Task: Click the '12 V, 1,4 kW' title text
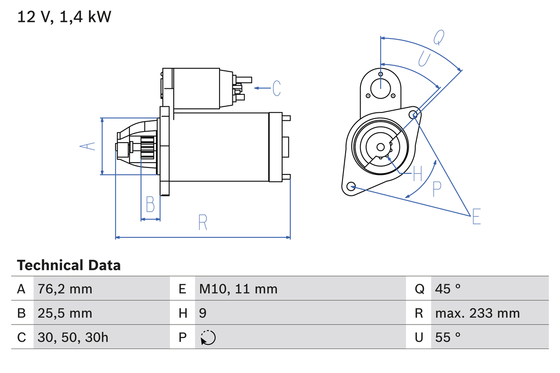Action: tap(64, 17)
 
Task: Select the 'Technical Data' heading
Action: tap(69, 265)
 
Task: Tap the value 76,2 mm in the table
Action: tap(65, 289)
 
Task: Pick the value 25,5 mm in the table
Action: tap(65, 313)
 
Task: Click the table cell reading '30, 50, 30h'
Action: tap(73, 337)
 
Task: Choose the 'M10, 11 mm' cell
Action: tap(238, 289)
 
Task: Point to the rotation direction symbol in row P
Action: tap(208, 338)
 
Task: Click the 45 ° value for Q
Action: tap(448, 289)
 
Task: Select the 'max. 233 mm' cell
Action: tap(477, 313)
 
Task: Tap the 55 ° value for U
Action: tap(448, 337)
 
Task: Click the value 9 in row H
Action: tap(203, 313)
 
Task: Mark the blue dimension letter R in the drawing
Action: tap(202, 223)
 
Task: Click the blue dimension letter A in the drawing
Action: tap(88, 146)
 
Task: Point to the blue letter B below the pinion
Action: tap(150, 204)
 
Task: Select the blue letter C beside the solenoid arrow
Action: tap(276, 88)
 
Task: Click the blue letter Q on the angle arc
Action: tap(439, 38)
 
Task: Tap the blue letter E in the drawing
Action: tap(476, 217)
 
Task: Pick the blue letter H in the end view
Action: tap(417, 174)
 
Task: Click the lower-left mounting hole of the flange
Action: tap(350, 187)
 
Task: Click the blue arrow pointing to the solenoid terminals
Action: tap(262, 88)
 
